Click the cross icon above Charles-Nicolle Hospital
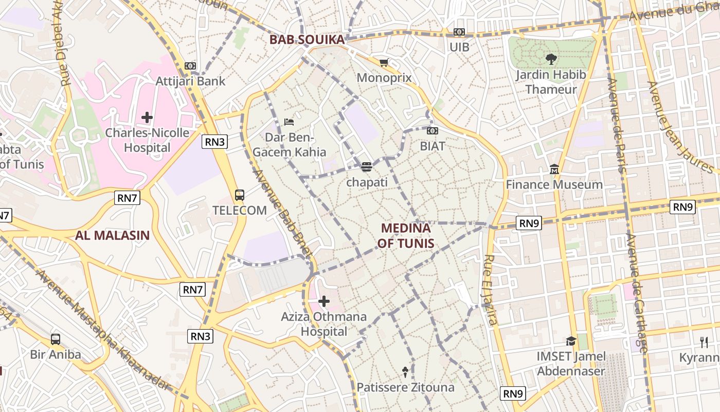[147, 117]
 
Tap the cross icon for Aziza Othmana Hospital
[324, 301]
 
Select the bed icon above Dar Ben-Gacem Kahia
[289, 122]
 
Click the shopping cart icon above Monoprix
[384, 62]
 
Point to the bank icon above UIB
[459, 32]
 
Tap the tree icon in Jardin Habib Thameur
[551, 59]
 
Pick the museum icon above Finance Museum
[554, 169]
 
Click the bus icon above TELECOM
[240, 195]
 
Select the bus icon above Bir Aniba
[56, 339]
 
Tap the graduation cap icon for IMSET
[571, 341]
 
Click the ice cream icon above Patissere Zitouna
[405, 372]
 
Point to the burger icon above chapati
[366, 167]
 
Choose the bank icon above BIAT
[433, 131]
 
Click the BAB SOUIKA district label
[307, 40]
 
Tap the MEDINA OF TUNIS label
[406, 235]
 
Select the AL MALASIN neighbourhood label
[113, 235]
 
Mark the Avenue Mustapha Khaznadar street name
[103, 330]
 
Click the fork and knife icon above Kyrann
[704, 341]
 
